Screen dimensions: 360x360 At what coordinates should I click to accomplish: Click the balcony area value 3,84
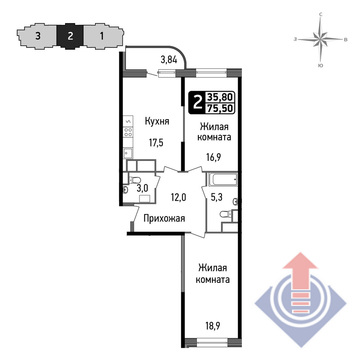point(168,60)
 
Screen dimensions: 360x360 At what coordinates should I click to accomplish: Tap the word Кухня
point(157,121)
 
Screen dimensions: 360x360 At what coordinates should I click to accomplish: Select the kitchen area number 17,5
point(156,143)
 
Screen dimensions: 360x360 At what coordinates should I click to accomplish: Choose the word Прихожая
point(164,219)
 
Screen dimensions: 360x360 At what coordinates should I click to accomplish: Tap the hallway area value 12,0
point(178,197)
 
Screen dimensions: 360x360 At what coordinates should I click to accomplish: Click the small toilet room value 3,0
point(142,188)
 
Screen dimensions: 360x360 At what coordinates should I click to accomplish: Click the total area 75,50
point(220,108)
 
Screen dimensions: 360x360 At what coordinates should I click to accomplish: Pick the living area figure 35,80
point(220,97)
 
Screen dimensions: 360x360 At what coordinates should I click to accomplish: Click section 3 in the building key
point(38,36)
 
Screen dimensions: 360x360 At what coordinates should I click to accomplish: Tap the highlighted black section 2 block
point(70,36)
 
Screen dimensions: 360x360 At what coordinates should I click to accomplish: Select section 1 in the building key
point(101,36)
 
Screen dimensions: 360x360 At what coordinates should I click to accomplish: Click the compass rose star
point(320,39)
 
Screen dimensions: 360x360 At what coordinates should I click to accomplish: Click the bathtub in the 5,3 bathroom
point(222,180)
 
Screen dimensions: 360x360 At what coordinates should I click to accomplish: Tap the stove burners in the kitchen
point(128,133)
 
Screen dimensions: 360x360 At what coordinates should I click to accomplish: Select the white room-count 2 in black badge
point(197,103)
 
